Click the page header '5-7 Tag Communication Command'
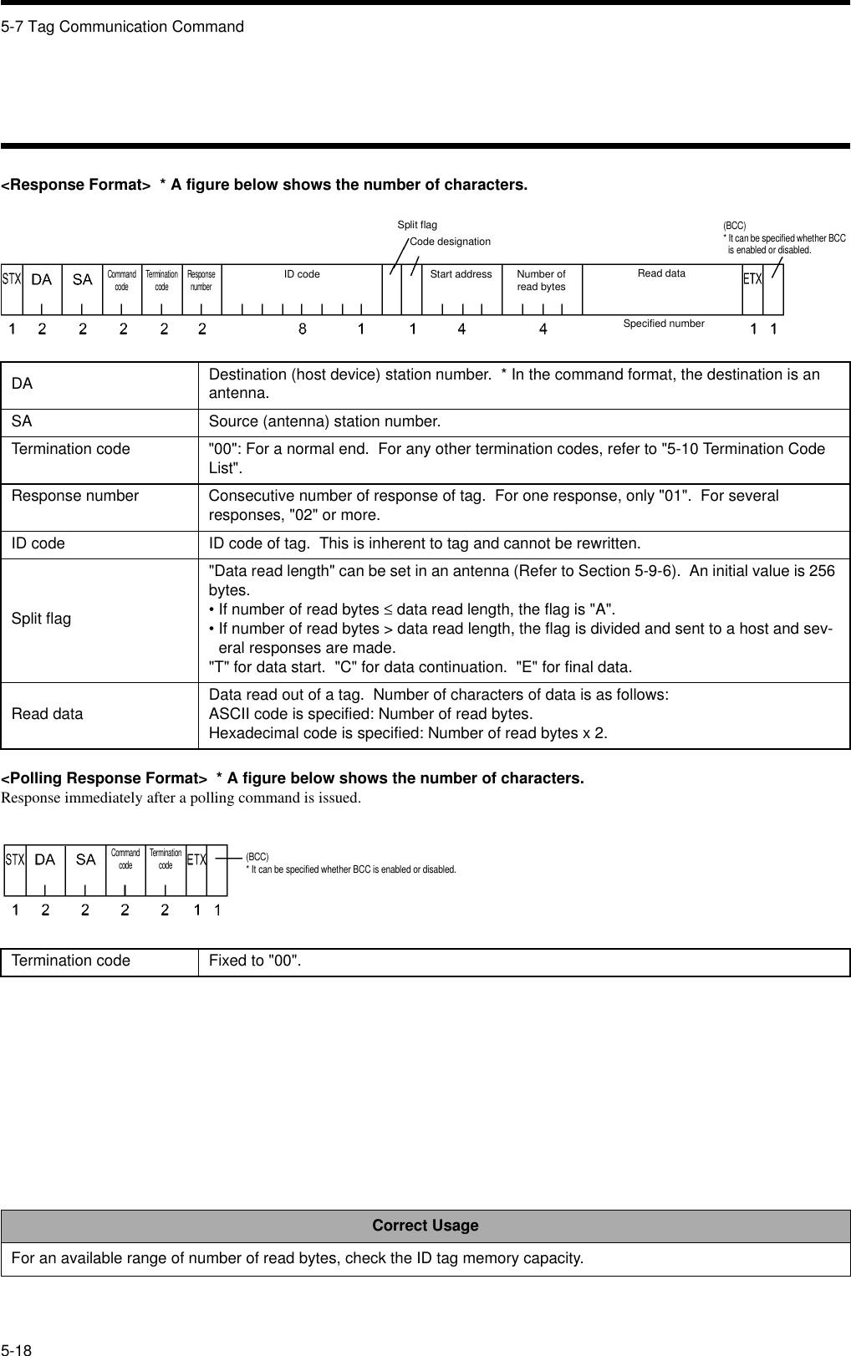pyautogui.click(x=123, y=27)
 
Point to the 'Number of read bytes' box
pyautogui.click(x=541, y=281)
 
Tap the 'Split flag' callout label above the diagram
pyautogui.click(x=416, y=225)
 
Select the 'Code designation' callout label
pyautogui.click(x=450, y=242)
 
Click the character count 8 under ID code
pyautogui.click(x=303, y=329)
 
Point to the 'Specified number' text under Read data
pyautogui.click(x=664, y=324)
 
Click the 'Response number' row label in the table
pyautogui.click(x=75, y=497)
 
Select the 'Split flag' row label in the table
pyautogui.click(x=41, y=619)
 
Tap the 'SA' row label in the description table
pyautogui.click(x=22, y=421)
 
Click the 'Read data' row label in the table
pyautogui.click(x=47, y=714)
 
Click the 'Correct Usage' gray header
pyautogui.click(x=425, y=1226)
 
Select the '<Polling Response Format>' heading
pyautogui.click(x=104, y=778)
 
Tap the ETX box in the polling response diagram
pyautogui.click(x=196, y=860)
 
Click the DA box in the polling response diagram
pyautogui.click(x=45, y=860)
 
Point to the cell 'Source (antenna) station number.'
pyautogui.click(x=324, y=421)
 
